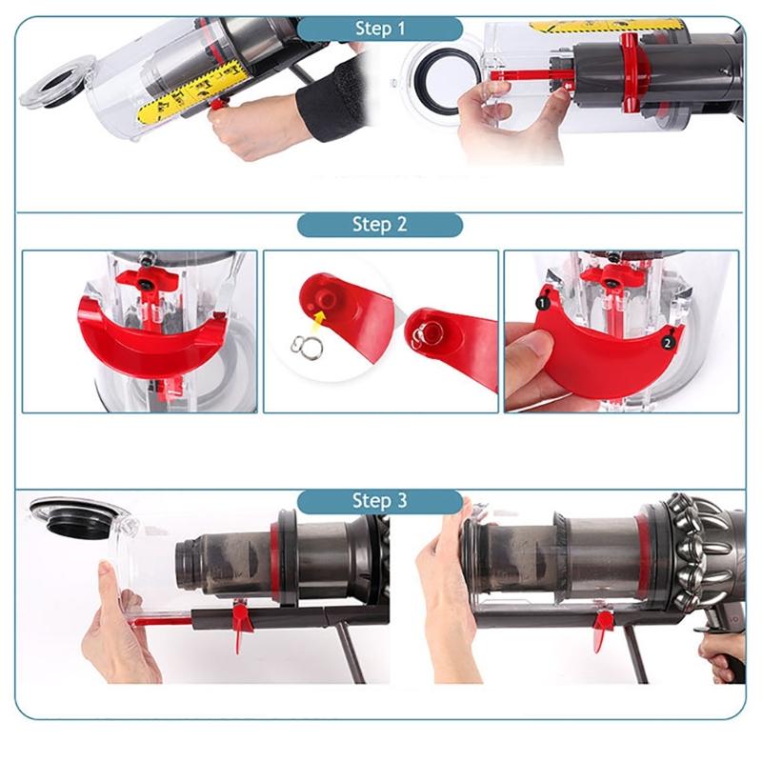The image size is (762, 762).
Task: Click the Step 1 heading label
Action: [379, 29]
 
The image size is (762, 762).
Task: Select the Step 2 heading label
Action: [379, 225]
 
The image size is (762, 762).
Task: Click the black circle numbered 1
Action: [541, 304]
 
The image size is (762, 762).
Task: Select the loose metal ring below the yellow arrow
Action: [308, 344]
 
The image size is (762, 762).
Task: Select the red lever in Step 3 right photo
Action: [602, 629]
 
